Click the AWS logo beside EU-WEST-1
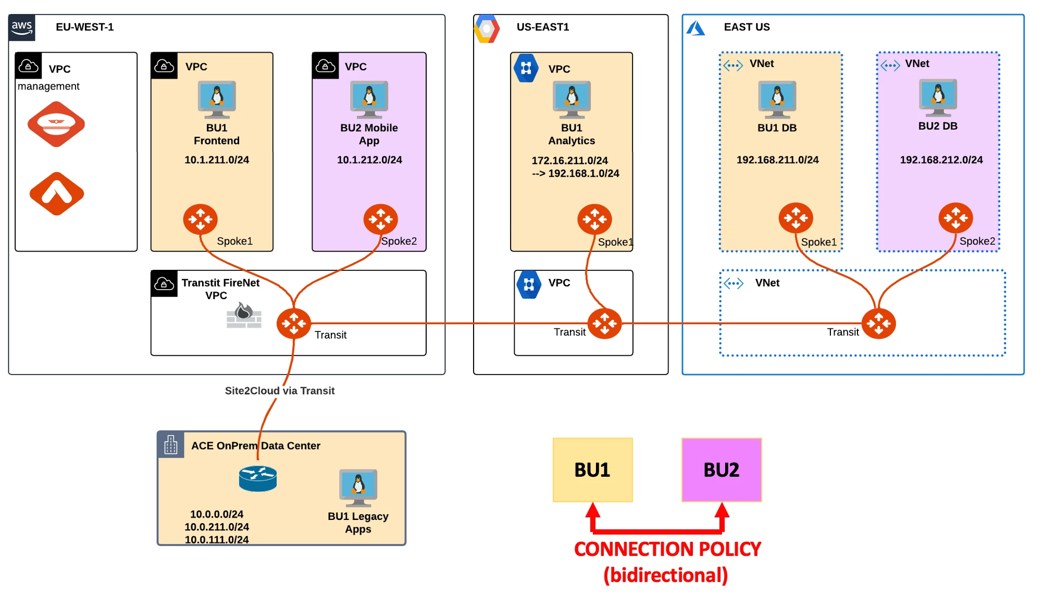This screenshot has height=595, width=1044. (x=22, y=28)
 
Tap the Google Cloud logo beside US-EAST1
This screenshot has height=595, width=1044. (x=487, y=29)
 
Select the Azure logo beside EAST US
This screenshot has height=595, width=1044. (x=695, y=28)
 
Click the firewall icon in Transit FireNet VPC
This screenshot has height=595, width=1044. (x=244, y=316)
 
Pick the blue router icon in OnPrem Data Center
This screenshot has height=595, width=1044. (x=258, y=478)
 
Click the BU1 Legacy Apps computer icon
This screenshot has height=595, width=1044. (x=358, y=488)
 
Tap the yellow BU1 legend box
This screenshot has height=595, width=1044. (x=593, y=470)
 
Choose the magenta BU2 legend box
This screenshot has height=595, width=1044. (x=722, y=470)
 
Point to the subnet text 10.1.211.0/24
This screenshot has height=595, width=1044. (x=217, y=160)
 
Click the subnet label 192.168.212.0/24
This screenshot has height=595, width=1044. (x=941, y=160)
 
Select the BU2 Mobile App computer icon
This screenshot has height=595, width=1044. (x=369, y=99)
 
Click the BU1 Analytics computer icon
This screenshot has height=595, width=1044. (x=571, y=99)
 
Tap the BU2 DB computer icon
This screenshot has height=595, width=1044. (x=938, y=97)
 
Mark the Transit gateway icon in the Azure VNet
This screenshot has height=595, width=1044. (x=879, y=324)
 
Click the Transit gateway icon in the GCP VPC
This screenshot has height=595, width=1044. (x=605, y=324)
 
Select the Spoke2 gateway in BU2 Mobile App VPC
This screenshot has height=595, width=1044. (x=381, y=219)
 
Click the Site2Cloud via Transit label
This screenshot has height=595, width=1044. (x=280, y=391)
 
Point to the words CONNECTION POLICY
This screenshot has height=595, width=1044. (x=667, y=549)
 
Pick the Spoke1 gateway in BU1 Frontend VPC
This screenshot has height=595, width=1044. (x=201, y=219)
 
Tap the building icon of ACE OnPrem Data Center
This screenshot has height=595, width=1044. (x=171, y=445)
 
